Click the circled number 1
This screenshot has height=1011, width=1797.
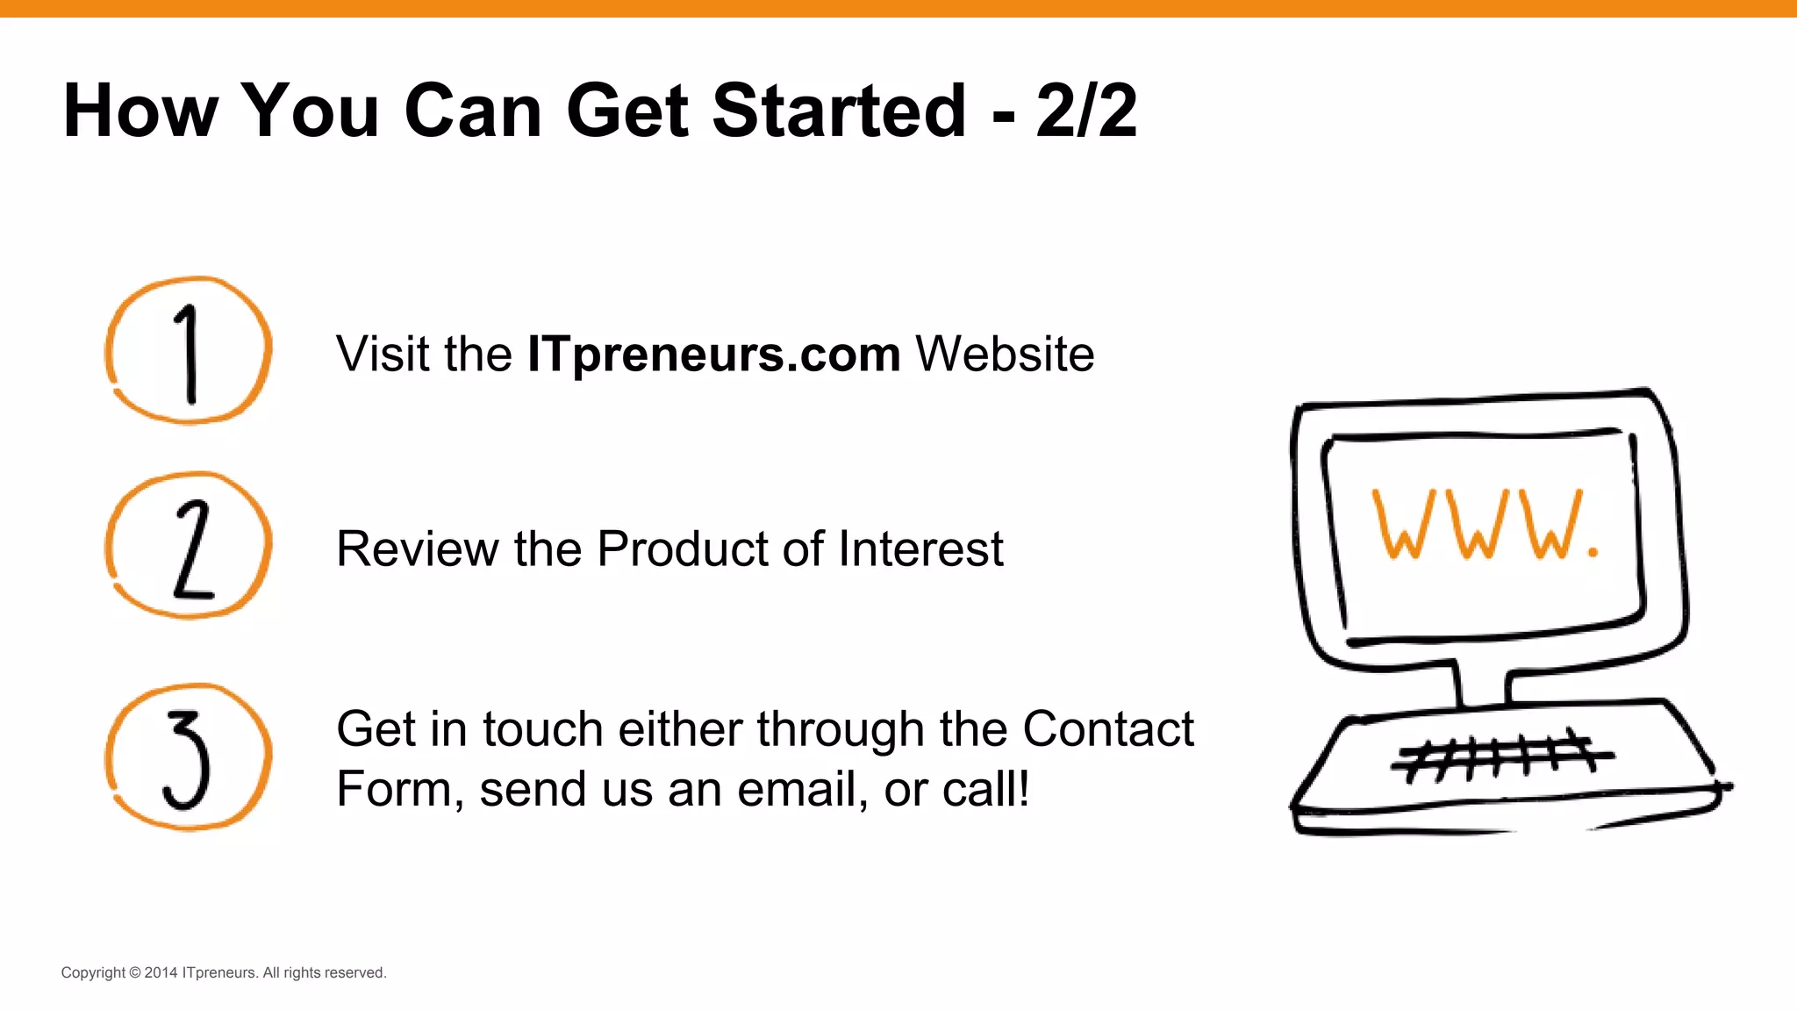click(188, 351)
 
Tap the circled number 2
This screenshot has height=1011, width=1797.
click(188, 546)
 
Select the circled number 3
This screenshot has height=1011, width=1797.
click(188, 757)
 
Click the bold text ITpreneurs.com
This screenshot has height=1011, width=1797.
click(713, 355)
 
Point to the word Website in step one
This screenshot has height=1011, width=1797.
click(1005, 355)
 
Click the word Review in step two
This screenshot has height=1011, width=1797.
click(418, 549)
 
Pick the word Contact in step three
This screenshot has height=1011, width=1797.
click(1107, 729)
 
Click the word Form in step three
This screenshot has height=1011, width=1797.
click(394, 789)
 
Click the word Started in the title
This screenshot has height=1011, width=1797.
click(839, 111)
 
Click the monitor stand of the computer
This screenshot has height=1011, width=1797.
click(1482, 684)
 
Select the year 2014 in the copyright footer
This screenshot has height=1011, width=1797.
click(161, 972)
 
